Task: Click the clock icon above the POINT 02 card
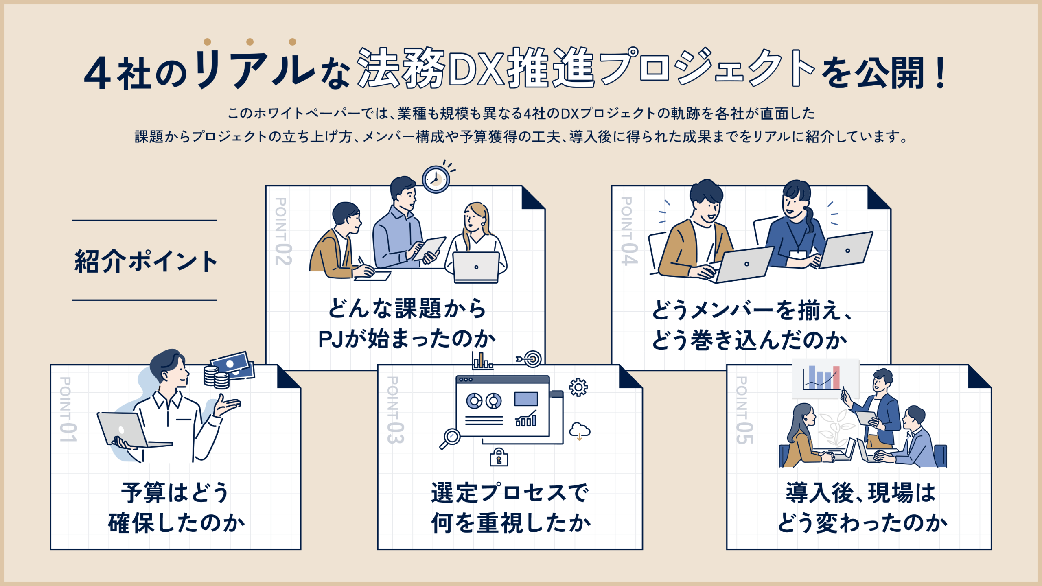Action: coord(436,179)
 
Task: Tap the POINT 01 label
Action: coord(68,409)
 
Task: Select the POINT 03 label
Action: coord(394,409)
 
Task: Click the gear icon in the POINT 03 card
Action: coord(578,387)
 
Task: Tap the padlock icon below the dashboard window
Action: coord(499,458)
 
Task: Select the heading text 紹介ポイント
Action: coord(145,261)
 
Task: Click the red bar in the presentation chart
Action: coord(836,378)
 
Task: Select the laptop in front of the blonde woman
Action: coord(476,267)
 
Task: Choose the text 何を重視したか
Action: coord(510,523)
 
